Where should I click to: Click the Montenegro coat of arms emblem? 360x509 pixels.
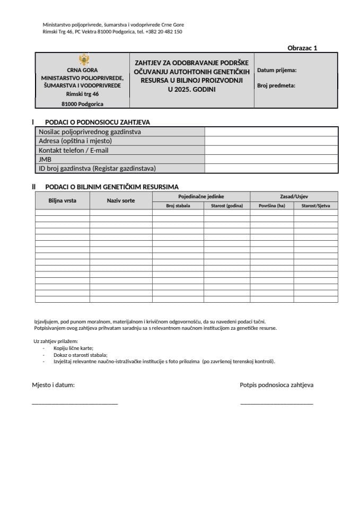coord(83,60)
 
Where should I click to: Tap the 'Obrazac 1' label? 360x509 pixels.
coord(302,48)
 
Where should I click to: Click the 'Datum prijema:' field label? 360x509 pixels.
coord(276,70)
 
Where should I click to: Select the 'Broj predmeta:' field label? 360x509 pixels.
coord(276,85)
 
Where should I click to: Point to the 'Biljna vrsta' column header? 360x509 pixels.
coord(62,200)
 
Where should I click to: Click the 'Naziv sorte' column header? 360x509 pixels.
coord(121,200)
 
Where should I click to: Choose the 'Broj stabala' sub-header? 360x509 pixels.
coord(178,205)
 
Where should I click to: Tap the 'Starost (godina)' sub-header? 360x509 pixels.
coord(226,205)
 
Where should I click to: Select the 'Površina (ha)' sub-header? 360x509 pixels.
coord(271,205)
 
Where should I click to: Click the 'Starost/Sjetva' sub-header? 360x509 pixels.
coord(315,205)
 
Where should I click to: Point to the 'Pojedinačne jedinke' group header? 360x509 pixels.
coord(201,196)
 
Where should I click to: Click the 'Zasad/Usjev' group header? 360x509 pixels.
coord(294,196)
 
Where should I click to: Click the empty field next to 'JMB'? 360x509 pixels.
coord(271,159)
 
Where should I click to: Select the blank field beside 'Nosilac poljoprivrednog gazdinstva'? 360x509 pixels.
coord(271,132)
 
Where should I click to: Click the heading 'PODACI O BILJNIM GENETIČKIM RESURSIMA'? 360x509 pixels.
coord(112,187)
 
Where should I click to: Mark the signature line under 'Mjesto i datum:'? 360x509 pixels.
coord(75,404)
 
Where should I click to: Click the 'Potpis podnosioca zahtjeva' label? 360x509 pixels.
coord(276,385)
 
